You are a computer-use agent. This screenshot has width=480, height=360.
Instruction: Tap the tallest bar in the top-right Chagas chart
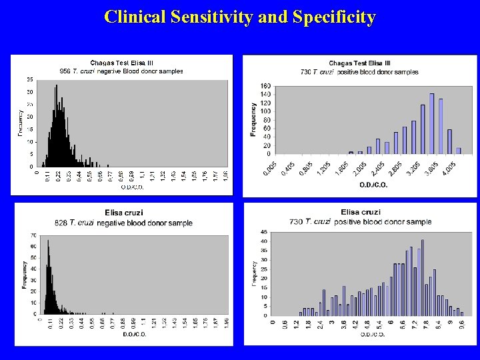[432, 123]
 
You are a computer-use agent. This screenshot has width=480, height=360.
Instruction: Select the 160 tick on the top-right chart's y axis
[265, 86]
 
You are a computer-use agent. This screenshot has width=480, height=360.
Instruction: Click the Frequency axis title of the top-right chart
[254, 119]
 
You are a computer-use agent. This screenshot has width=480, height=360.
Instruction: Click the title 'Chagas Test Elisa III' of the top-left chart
[121, 63]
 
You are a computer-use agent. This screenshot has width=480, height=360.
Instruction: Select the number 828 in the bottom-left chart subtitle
[62, 223]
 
